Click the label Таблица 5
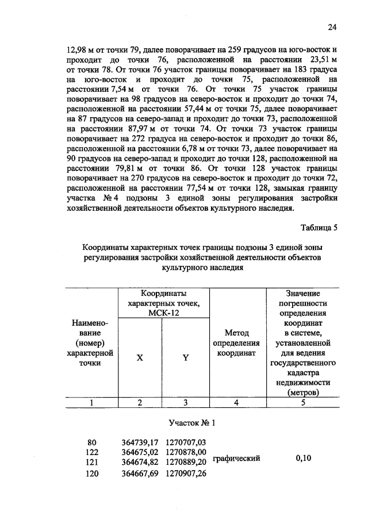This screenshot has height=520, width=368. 317,228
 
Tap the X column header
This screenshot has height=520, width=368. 140,357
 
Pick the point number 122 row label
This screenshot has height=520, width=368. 92,452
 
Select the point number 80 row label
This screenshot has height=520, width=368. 92,442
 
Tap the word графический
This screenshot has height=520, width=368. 236,458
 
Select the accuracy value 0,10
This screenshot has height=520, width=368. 303,458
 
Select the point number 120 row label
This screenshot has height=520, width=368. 92,473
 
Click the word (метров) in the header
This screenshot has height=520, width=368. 303,393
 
